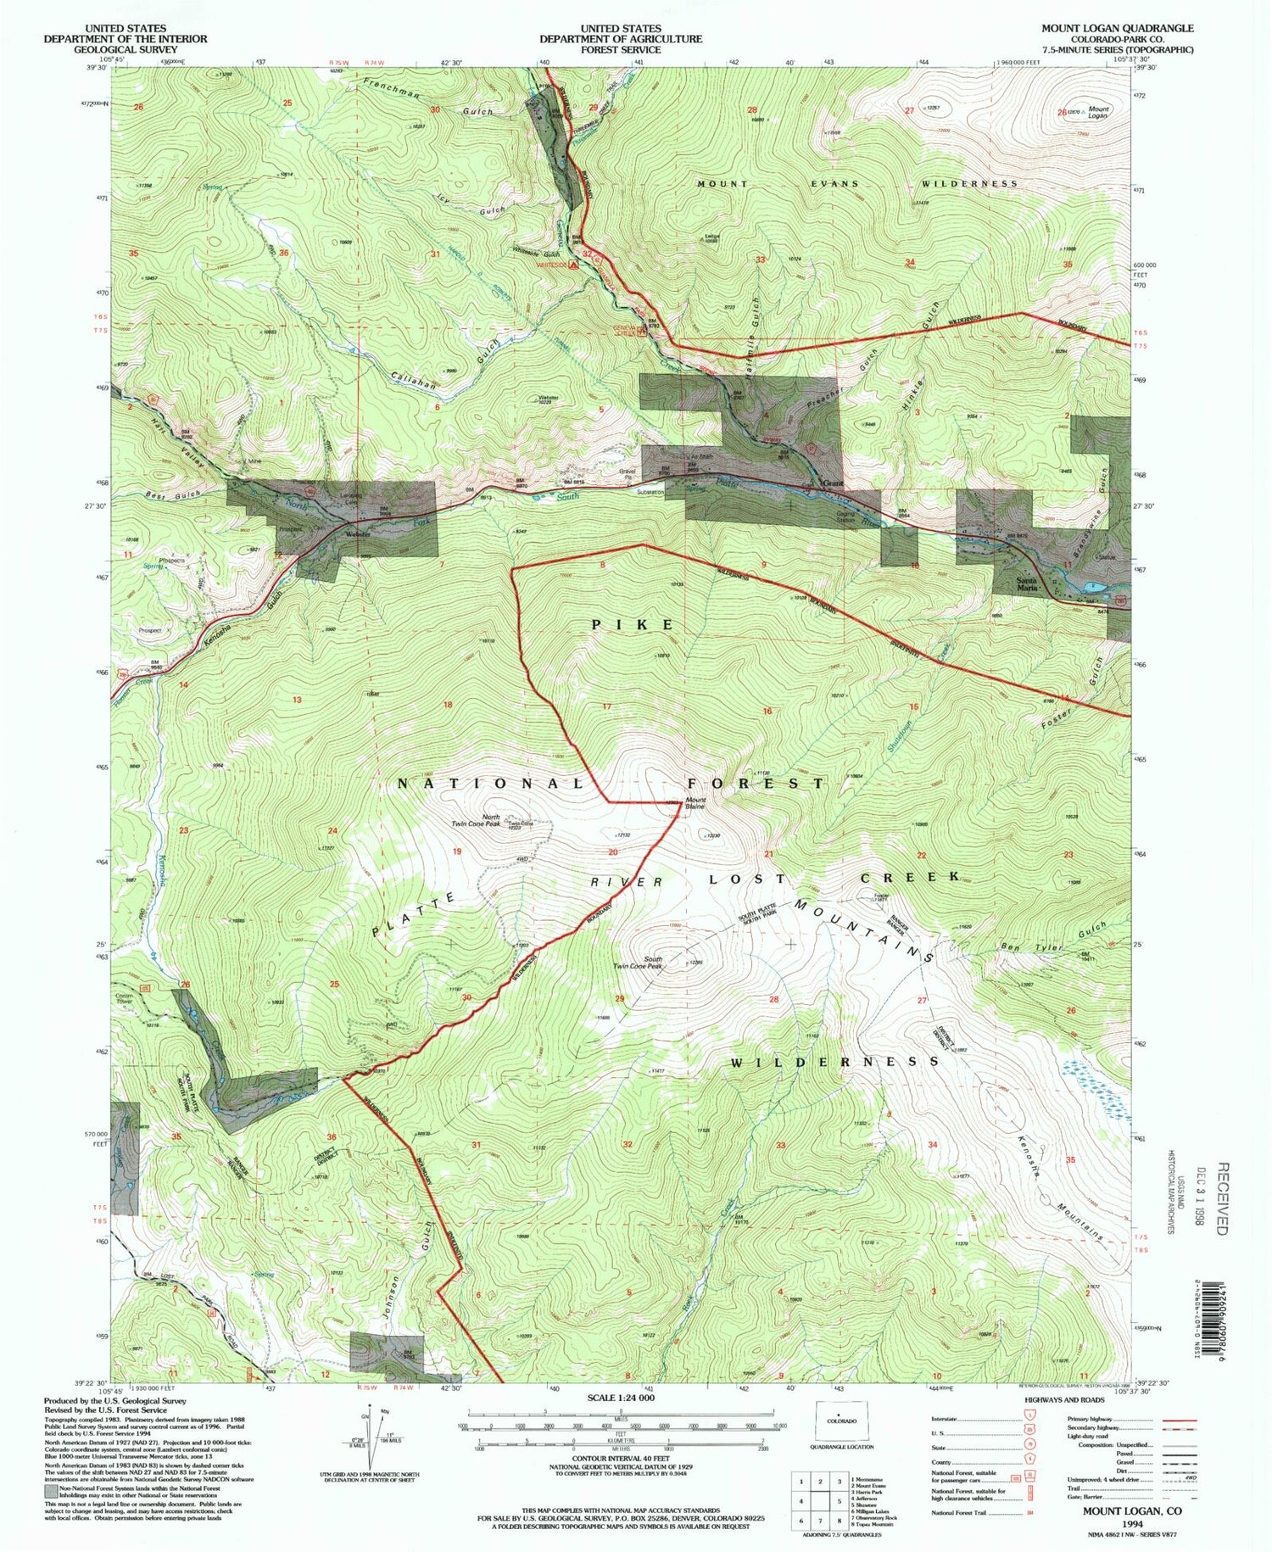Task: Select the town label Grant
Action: (834, 483)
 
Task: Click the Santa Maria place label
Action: (1028, 583)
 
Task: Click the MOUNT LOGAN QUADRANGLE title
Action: (1117, 28)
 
